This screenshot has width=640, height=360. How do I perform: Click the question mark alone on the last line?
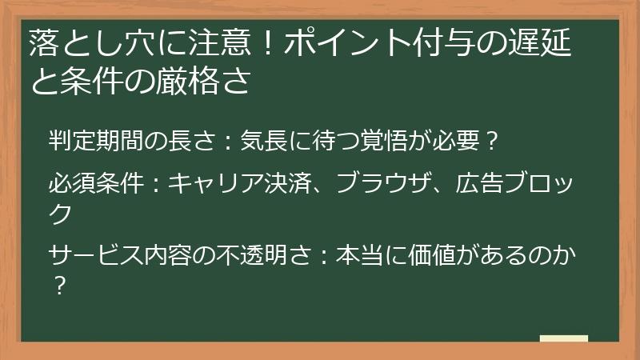point(57,285)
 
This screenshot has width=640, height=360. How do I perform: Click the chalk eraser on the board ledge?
point(564,338)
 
